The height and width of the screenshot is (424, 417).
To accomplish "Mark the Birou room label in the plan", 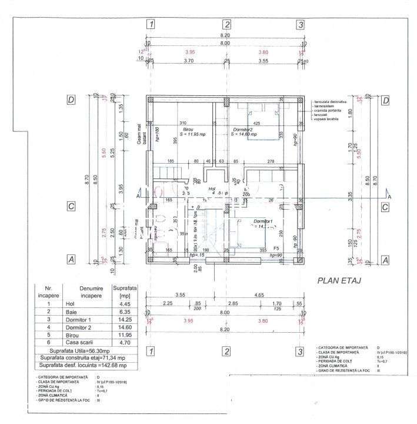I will [x=188, y=129].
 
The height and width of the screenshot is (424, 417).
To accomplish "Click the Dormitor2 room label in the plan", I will [x=242, y=129].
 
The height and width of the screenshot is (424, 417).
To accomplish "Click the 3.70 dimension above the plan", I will [x=188, y=61].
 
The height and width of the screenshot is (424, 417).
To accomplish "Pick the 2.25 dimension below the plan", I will [x=168, y=303].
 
